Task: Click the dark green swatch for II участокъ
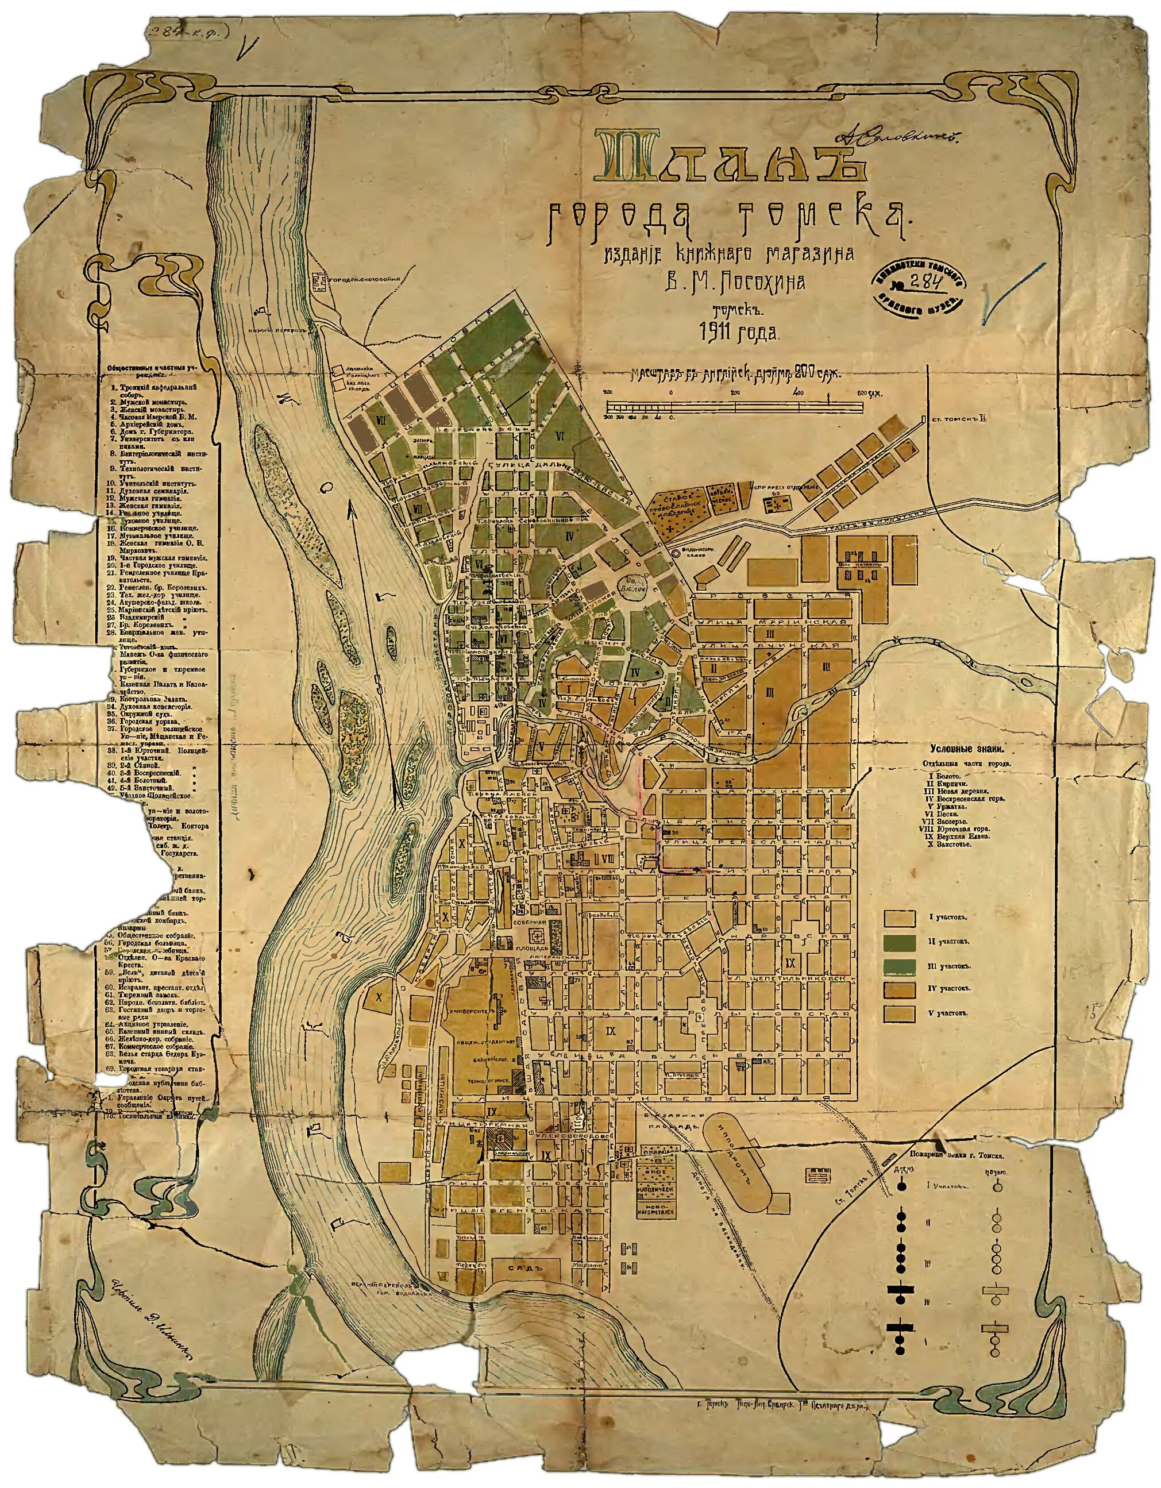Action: (x=898, y=942)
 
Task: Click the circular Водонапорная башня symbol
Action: (x=675, y=554)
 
